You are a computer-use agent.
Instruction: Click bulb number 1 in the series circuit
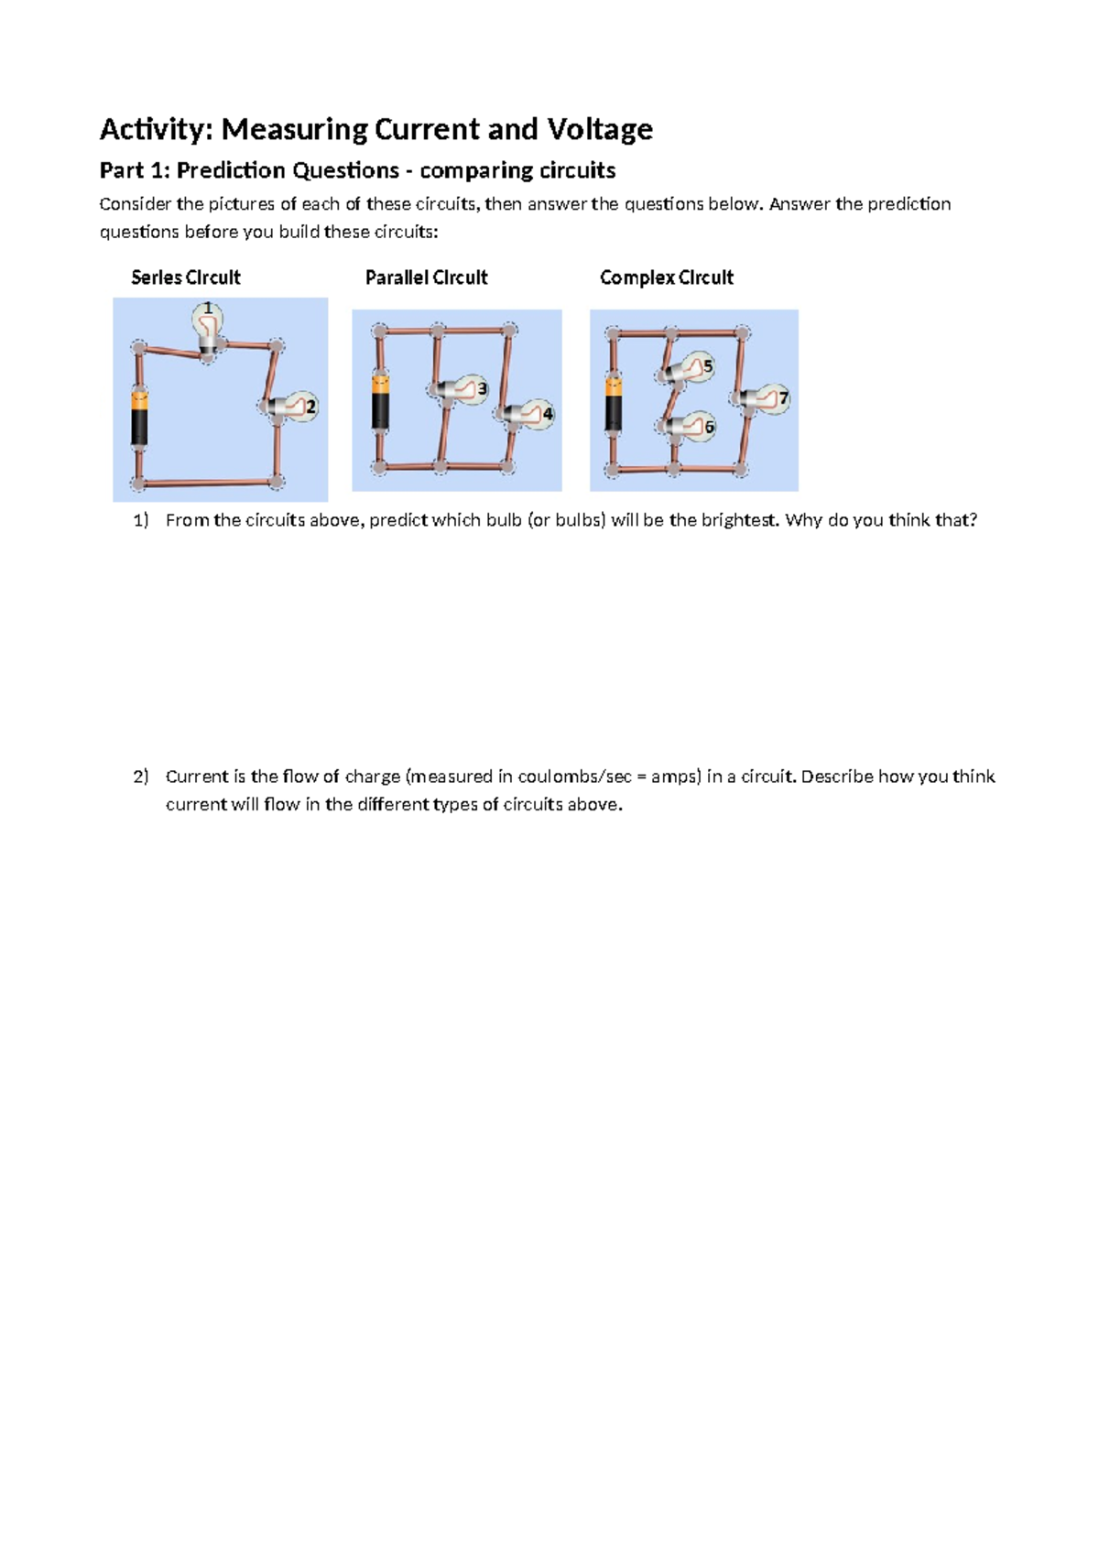point(208,325)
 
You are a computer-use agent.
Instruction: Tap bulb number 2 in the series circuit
point(295,407)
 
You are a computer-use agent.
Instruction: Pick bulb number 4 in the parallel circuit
point(530,414)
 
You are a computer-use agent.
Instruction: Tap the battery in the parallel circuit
point(380,401)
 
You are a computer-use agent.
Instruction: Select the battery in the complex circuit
point(613,404)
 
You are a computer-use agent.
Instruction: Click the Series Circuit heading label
point(185,277)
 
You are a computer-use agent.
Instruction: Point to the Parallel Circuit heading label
point(426,277)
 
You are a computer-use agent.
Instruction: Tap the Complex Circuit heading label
point(666,277)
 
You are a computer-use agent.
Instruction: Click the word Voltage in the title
point(599,129)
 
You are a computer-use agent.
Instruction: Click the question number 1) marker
point(140,521)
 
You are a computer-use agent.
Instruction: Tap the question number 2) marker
point(140,777)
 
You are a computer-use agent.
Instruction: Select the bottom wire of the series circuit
point(208,482)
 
